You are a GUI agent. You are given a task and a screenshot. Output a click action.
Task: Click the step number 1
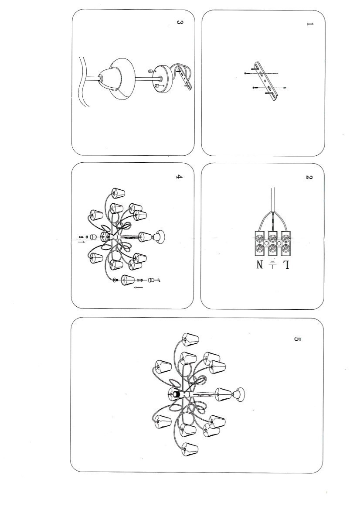tap(309, 24)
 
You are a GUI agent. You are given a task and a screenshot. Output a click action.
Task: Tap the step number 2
tap(309, 177)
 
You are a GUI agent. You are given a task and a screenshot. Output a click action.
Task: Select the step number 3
tap(180, 22)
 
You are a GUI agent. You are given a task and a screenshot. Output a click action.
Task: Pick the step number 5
tap(297, 339)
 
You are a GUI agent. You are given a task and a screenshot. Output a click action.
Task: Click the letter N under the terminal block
tap(260, 265)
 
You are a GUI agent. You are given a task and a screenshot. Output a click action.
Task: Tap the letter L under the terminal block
tap(286, 265)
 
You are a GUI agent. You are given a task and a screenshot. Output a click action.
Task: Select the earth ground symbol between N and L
tap(273, 264)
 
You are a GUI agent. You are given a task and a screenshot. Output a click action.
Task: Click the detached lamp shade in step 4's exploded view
tap(128, 280)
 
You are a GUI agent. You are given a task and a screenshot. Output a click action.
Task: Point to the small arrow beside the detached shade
tap(139, 288)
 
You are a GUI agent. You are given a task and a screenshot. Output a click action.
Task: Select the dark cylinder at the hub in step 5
tap(176, 394)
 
